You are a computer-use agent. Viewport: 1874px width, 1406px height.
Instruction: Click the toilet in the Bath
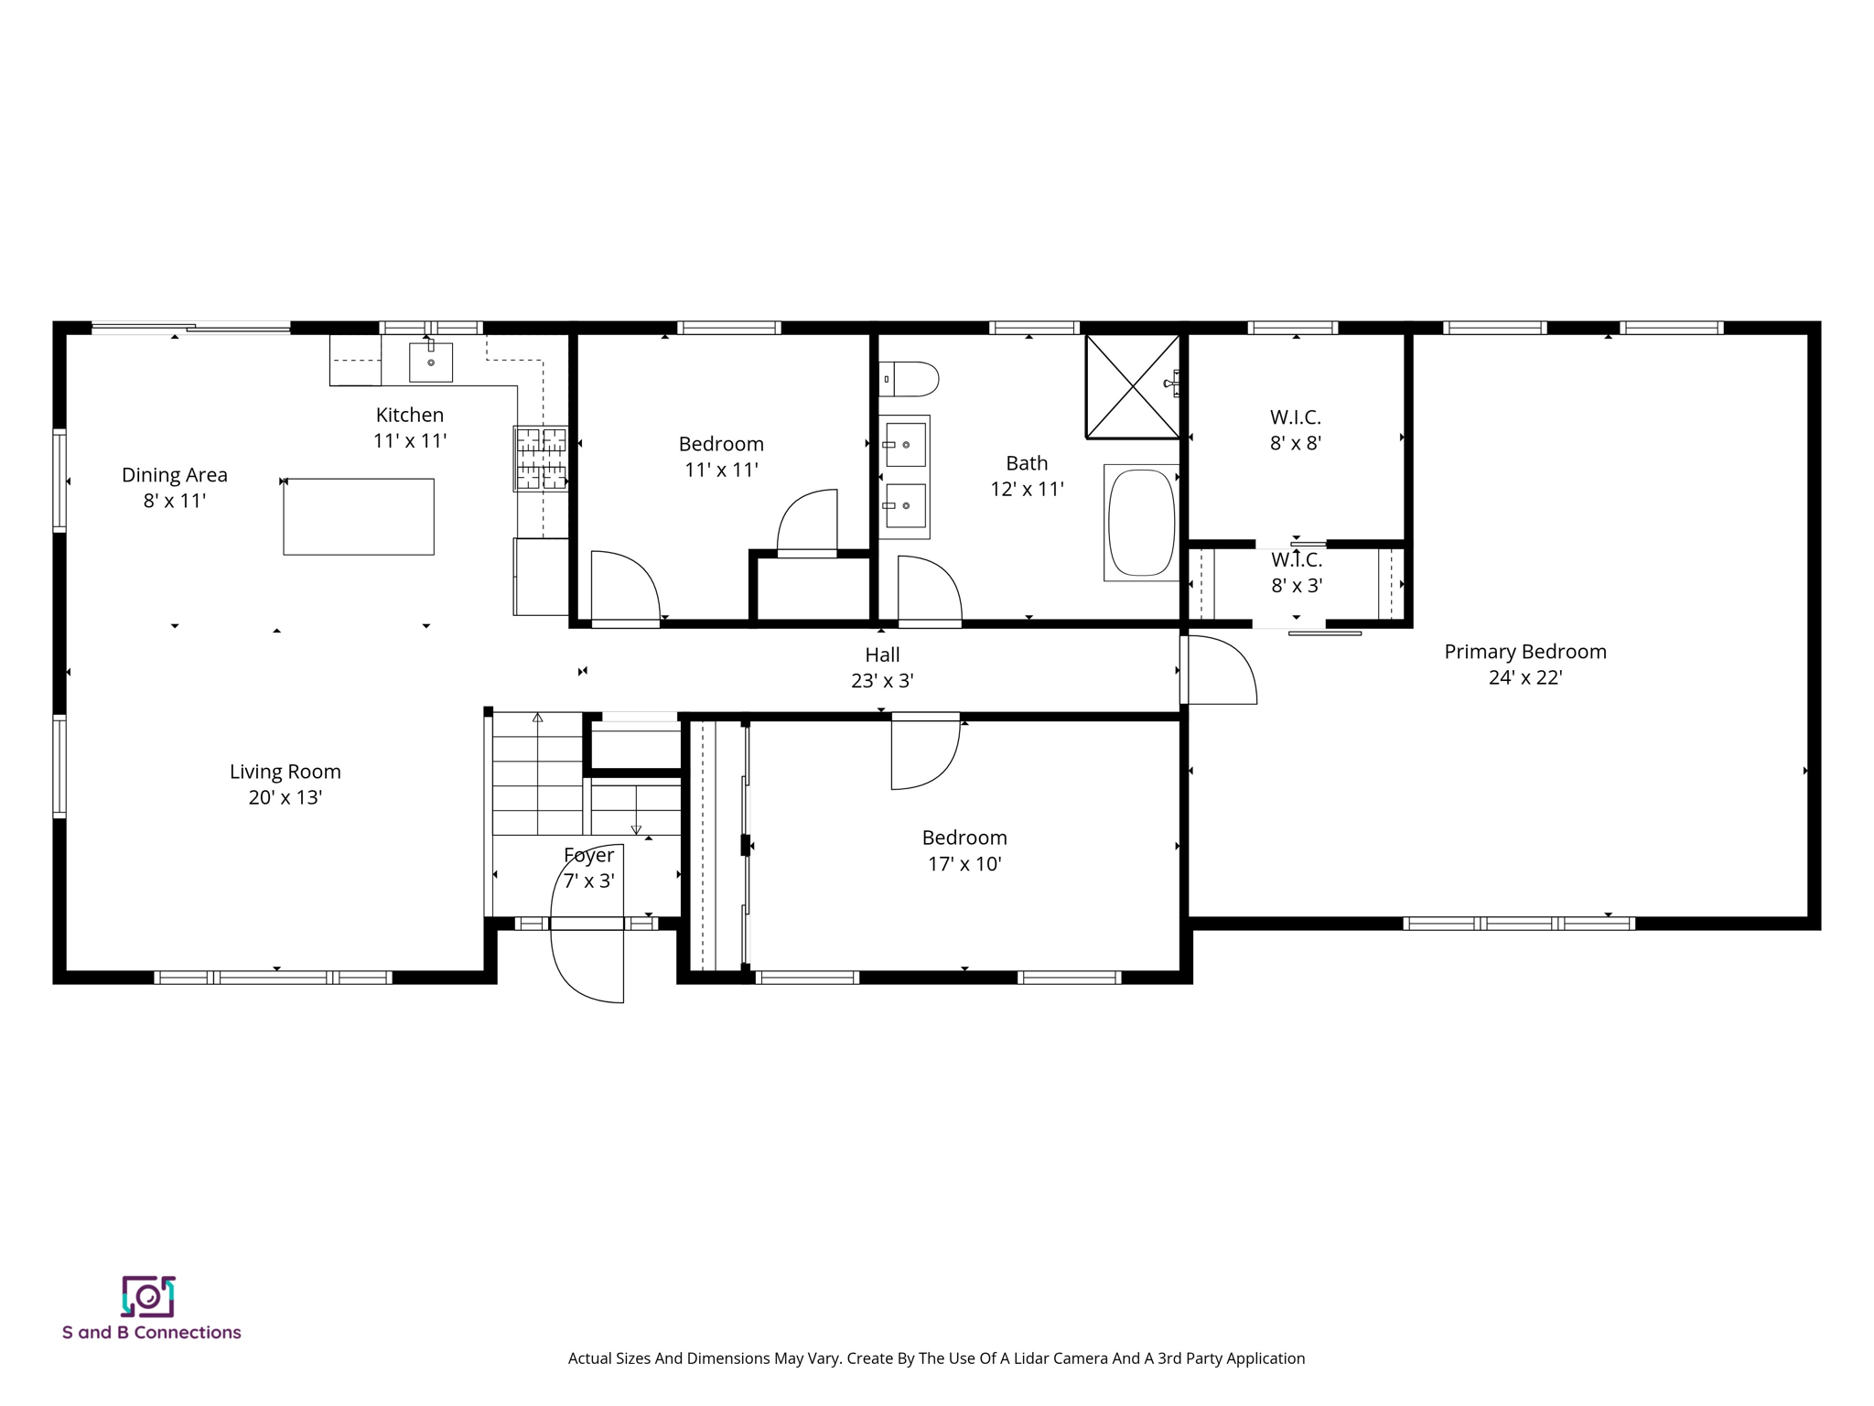[911, 378]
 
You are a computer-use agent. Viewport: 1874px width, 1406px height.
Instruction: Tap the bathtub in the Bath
[1141, 523]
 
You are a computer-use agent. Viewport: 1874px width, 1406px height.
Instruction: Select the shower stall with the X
[1132, 386]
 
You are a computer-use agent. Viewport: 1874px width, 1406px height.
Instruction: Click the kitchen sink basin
[430, 362]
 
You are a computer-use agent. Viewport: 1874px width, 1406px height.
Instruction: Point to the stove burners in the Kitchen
[541, 459]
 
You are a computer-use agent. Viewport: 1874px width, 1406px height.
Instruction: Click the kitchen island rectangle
[359, 516]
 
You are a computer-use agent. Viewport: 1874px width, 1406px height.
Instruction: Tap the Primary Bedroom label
[1524, 652]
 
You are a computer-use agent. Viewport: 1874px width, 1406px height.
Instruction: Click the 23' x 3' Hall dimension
[882, 681]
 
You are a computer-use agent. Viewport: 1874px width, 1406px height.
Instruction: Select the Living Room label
[285, 772]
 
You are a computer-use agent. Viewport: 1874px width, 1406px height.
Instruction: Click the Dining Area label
[174, 475]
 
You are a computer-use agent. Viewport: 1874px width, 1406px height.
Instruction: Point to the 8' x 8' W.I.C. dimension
[1295, 443]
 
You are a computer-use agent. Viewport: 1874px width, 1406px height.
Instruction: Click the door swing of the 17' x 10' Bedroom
[925, 755]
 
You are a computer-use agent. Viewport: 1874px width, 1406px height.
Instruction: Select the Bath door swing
[930, 590]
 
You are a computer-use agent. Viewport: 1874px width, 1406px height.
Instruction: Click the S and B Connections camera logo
[148, 1296]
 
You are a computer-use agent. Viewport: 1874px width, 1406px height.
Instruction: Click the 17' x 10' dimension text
[964, 864]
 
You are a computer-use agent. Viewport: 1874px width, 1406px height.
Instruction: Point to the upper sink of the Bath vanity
[905, 445]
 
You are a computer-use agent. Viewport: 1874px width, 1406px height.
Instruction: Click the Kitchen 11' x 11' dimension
[409, 441]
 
